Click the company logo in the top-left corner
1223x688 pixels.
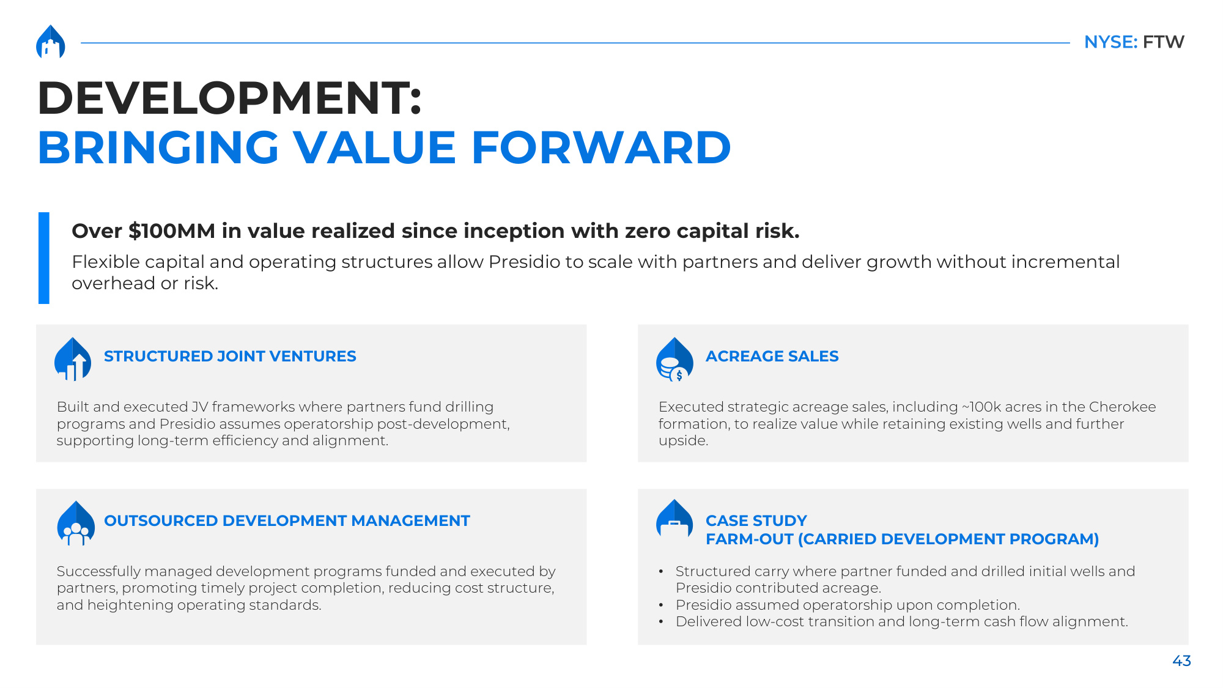tap(51, 42)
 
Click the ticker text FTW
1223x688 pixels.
tap(1163, 42)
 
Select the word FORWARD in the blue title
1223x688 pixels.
tap(601, 148)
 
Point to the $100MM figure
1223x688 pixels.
tap(172, 231)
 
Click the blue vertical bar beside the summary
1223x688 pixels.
tap(44, 258)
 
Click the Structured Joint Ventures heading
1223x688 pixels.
tap(230, 356)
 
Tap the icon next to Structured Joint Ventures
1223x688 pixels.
tap(73, 359)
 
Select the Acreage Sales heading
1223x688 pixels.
tap(772, 356)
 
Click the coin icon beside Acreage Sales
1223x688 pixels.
tap(674, 360)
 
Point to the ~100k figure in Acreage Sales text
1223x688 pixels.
tap(981, 407)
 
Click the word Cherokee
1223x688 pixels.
tap(1122, 407)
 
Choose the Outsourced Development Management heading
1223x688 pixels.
tap(287, 520)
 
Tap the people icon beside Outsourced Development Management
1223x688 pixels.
tap(76, 523)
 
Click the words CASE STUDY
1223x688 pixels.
tap(756, 520)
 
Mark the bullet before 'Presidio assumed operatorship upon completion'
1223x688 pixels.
tap(661, 605)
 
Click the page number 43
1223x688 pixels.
tap(1181, 660)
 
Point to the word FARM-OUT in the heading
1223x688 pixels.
tap(749, 539)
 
